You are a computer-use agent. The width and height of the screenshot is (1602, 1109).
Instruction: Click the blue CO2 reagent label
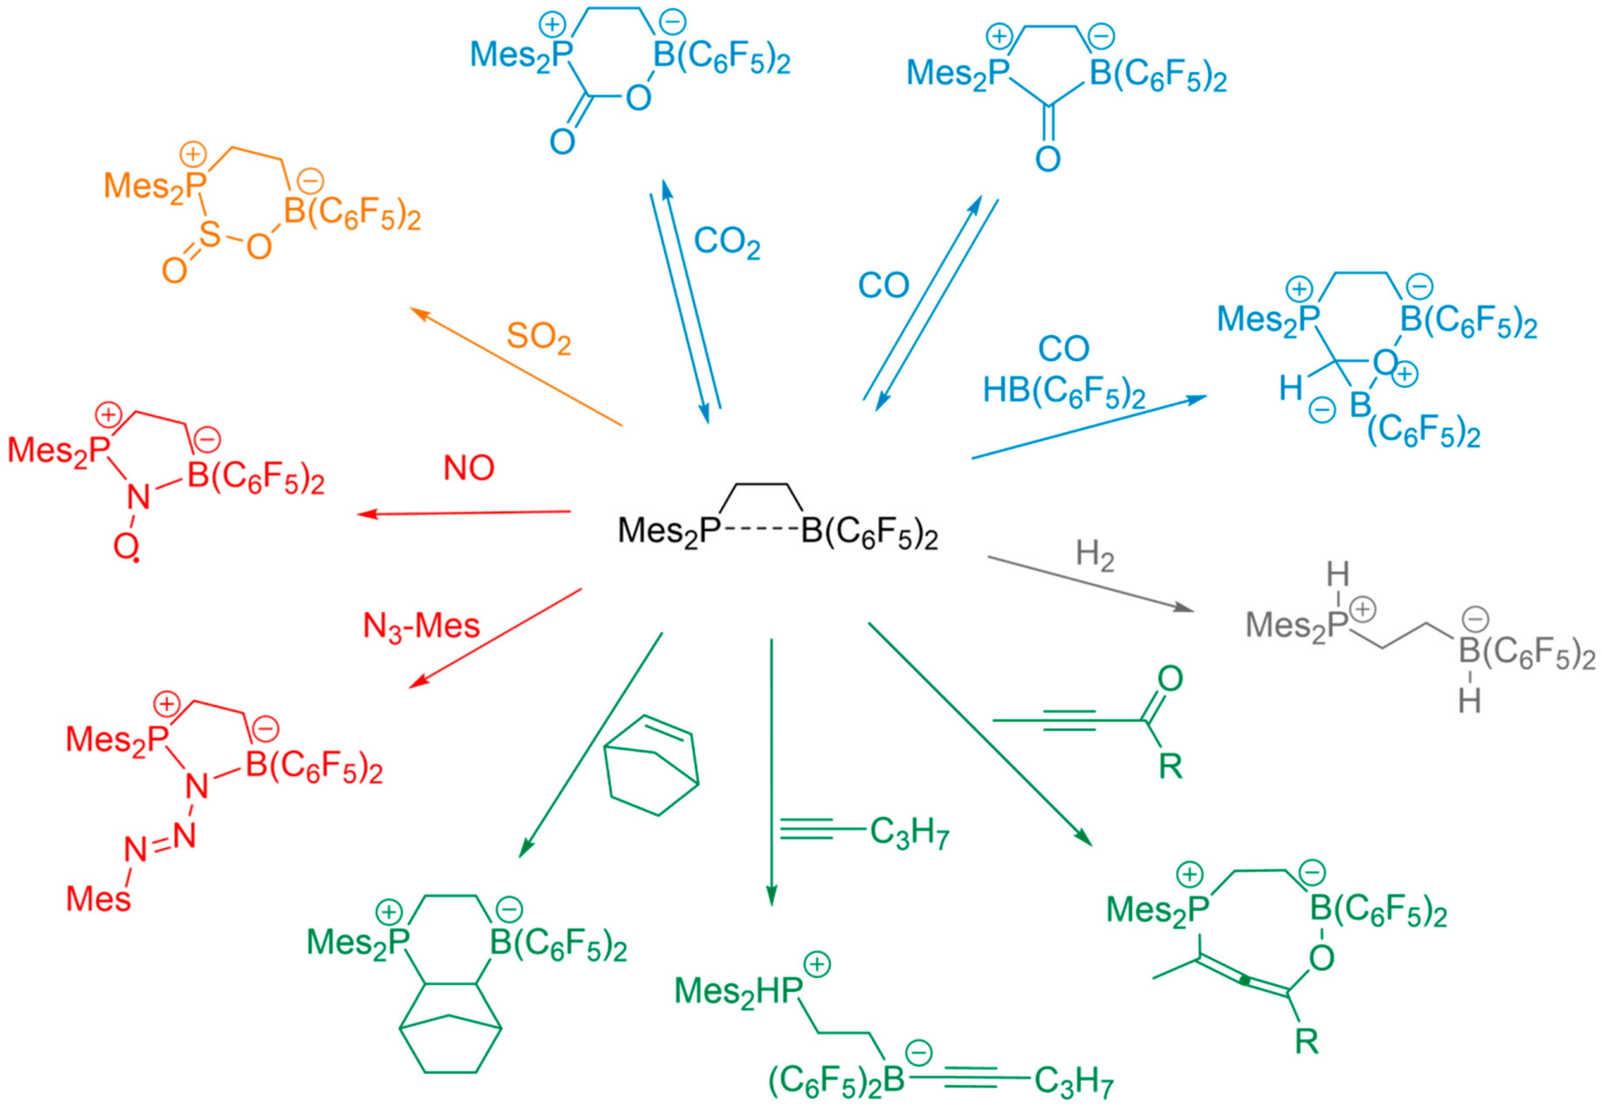click(x=726, y=243)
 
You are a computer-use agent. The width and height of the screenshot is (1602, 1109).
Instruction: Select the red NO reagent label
click(x=469, y=468)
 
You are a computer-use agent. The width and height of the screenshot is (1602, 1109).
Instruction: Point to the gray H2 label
click(x=1095, y=556)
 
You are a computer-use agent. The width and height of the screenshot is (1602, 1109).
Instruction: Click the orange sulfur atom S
click(x=209, y=235)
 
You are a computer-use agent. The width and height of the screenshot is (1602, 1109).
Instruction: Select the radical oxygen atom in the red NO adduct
click(x=126, y=548)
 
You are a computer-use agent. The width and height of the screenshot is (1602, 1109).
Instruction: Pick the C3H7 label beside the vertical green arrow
click(x=909, y=832)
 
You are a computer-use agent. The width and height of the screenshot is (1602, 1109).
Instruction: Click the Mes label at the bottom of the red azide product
click(x=98, y=899)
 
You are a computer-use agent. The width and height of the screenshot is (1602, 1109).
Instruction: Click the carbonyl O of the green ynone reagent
click(x=1171, y=679)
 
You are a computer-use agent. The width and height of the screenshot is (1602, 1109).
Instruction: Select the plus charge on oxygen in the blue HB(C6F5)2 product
click(x=1406, y=374)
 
